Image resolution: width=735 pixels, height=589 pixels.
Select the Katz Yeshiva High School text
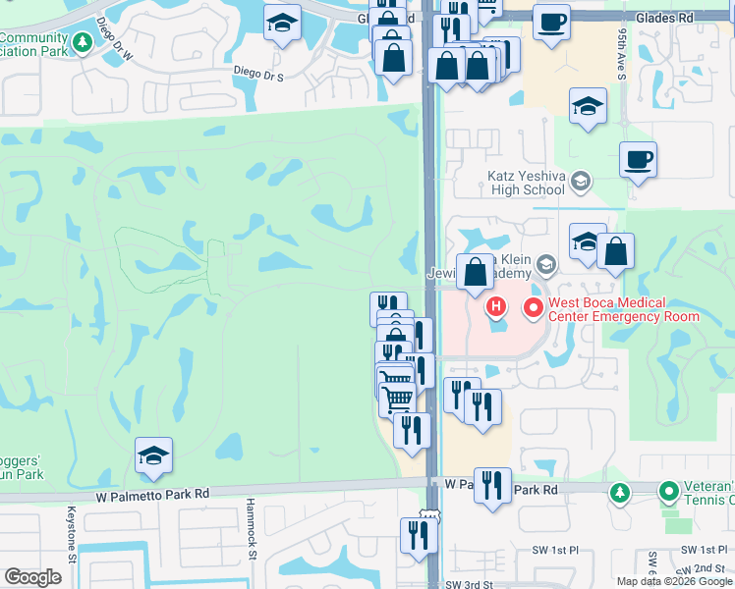tap(512, 182)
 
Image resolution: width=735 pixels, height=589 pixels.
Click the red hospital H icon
tap(496, 308)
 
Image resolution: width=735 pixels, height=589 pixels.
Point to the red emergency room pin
tap(535, 308)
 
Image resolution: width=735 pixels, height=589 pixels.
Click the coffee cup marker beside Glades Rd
tap(551, 20)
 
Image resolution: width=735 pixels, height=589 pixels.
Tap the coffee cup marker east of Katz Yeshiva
tap(638, 158)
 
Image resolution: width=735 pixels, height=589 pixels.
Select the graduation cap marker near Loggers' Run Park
tap(153, 455)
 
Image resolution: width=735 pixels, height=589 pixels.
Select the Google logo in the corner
tap(32, 576)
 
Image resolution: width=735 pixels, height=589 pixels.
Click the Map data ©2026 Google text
tap(674, 581)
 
